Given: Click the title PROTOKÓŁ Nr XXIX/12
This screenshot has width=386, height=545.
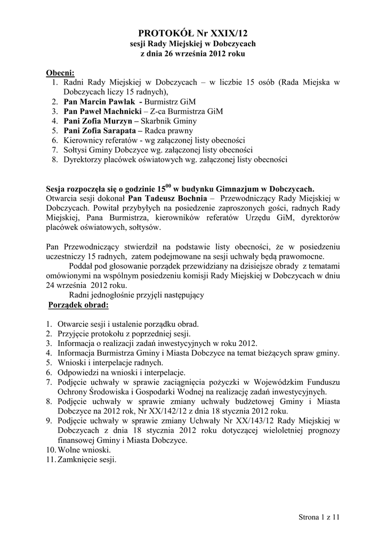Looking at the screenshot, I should point(193,33).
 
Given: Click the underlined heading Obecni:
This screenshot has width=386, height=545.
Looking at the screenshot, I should point(60,72).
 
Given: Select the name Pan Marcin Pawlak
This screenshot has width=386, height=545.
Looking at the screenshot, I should point(99,101).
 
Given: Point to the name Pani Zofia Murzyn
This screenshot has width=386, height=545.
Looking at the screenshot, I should point(98,121).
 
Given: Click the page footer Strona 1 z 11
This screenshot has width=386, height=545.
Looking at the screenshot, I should point(319,517).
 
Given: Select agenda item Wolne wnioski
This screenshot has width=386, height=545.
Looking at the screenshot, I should point(84,450).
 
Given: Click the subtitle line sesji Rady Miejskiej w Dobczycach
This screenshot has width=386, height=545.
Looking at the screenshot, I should point(193,44).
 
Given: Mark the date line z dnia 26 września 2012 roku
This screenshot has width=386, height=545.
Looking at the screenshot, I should point(193,54).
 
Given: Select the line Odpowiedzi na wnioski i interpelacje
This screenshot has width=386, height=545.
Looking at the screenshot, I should point(122,373).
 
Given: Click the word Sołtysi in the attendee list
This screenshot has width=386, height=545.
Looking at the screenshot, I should point(76,150).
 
